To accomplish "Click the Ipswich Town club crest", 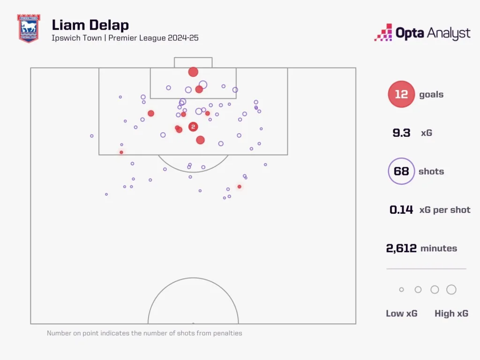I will point(29,29).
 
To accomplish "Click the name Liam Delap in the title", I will point(90,25).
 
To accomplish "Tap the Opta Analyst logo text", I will point(433,33).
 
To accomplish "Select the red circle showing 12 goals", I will point(401,94).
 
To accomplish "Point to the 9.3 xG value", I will point(401,133).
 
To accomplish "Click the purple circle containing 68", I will point(401,171).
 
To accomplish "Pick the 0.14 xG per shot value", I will point(401,210).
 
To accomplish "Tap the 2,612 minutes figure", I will point(401,248).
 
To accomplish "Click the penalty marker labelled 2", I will point(193,127).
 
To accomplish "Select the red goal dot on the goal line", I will point(193,72).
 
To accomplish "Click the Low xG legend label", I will point(401,314).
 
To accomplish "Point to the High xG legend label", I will point(451,314).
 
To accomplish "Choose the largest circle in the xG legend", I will point(451,290).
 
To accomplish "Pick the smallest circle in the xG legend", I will point(401,290).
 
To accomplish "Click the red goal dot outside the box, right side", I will point(239,187).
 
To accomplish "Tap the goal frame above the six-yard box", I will point(193,62).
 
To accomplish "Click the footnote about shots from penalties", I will point(144,333).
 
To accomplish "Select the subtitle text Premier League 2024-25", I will point(153,38).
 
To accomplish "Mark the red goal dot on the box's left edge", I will point(121,152).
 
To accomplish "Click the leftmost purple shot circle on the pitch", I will point(92,136).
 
